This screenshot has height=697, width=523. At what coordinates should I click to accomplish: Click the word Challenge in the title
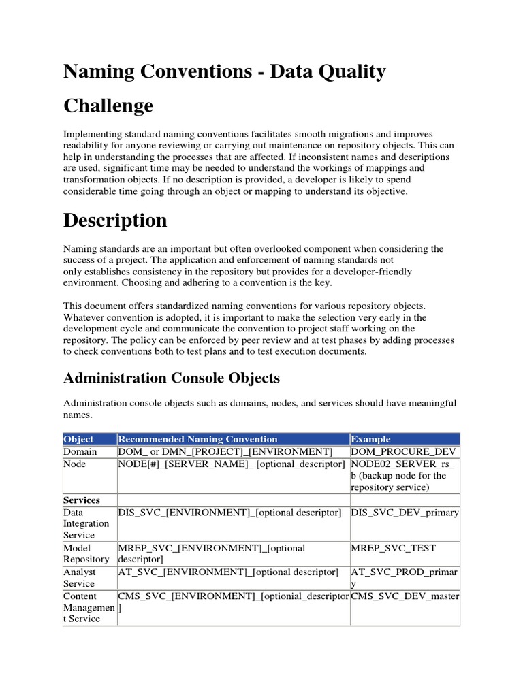(108, 106)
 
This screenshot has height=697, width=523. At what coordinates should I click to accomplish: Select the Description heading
(114, 221)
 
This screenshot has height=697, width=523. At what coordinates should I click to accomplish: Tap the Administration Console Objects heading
(171, 378)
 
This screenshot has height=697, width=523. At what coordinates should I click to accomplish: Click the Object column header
(78, 439)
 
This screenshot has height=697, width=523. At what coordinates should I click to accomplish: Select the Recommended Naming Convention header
(198, 439)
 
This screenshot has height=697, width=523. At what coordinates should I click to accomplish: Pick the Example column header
(371, 439)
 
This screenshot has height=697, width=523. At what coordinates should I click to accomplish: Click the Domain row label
(80, 451)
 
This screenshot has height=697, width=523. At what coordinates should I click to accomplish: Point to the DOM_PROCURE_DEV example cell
(405, 451)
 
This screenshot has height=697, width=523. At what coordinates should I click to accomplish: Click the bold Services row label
(82, 500)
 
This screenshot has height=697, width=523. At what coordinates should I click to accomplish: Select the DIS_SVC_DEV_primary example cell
(405, 513)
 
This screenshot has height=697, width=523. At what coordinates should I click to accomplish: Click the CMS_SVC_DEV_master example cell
(405, 596)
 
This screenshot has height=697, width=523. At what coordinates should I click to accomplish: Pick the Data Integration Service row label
(86, 524)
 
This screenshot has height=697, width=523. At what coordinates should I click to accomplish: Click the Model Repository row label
(86, 553)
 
